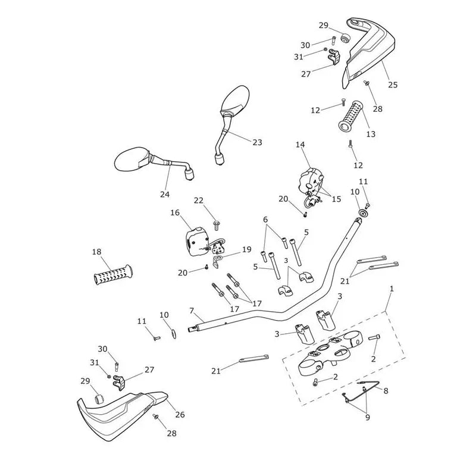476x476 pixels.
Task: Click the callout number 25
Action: [393, 84]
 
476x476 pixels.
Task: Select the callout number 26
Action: [180, 414]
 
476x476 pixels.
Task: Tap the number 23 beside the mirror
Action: [257, 142]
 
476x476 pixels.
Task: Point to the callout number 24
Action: [165, 195]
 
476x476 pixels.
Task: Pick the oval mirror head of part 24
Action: [131, 159]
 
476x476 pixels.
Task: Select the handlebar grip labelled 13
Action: [351, 116]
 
